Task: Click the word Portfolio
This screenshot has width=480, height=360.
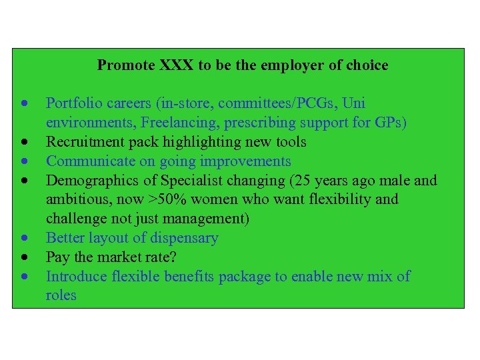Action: [x=73, y=103]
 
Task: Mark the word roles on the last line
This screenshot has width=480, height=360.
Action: [x=61, y=295]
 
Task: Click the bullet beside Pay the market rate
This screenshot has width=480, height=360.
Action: [x=24, y=257]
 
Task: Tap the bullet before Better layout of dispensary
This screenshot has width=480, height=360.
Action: [x=24, y=238]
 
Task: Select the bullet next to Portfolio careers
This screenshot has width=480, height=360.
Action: [x=24, y=104]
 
